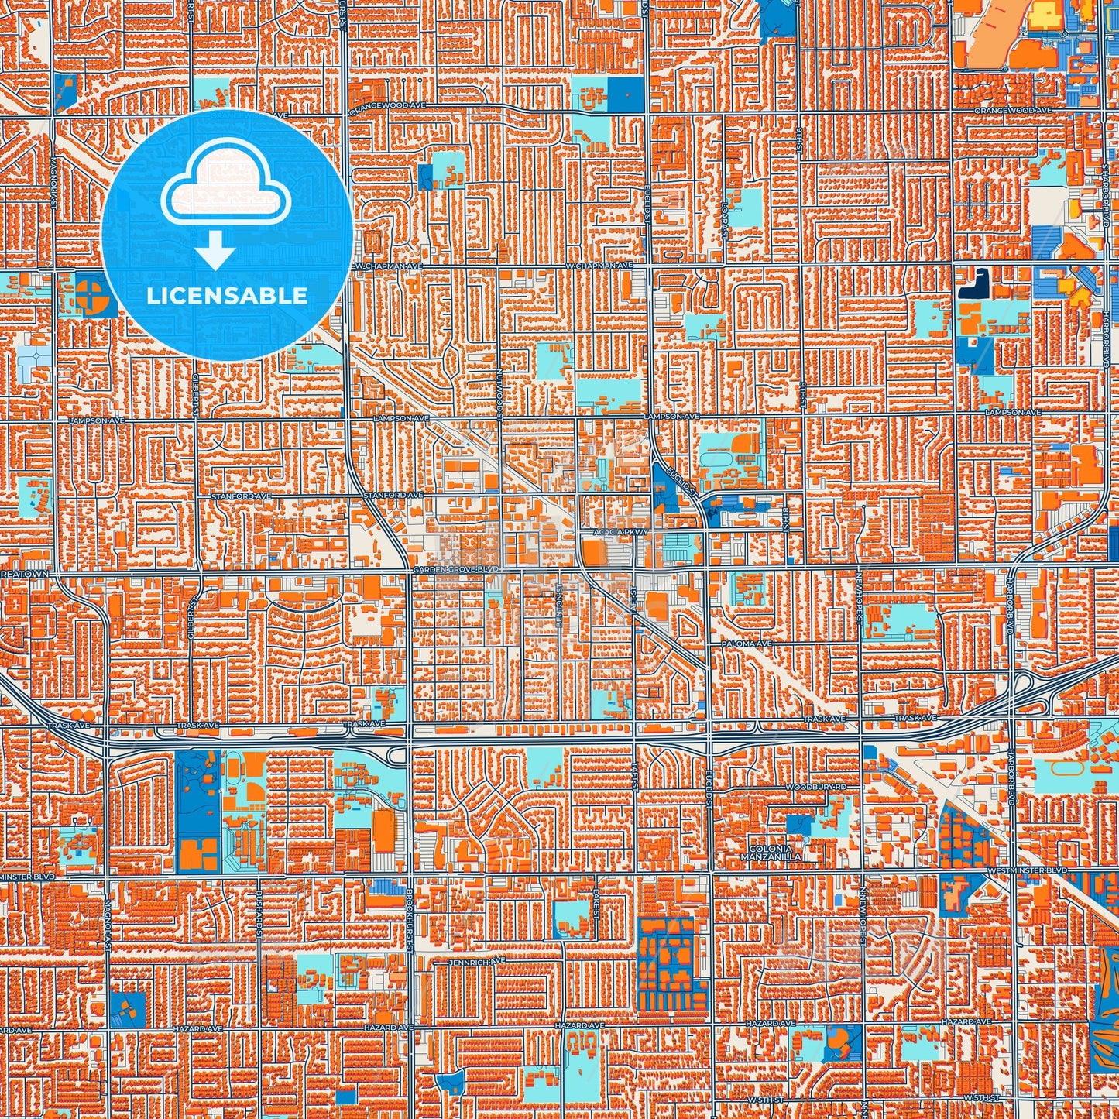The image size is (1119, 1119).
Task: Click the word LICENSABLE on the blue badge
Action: (x=227, y=296)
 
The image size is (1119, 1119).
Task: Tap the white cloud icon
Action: (x=225, y=187)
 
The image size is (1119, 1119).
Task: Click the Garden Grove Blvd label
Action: (x=457, y=569)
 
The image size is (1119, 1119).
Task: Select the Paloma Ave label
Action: (x=746, y=644)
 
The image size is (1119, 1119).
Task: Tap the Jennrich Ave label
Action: (x=476, y=962)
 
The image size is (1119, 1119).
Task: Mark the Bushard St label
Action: (x=259, y=917)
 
